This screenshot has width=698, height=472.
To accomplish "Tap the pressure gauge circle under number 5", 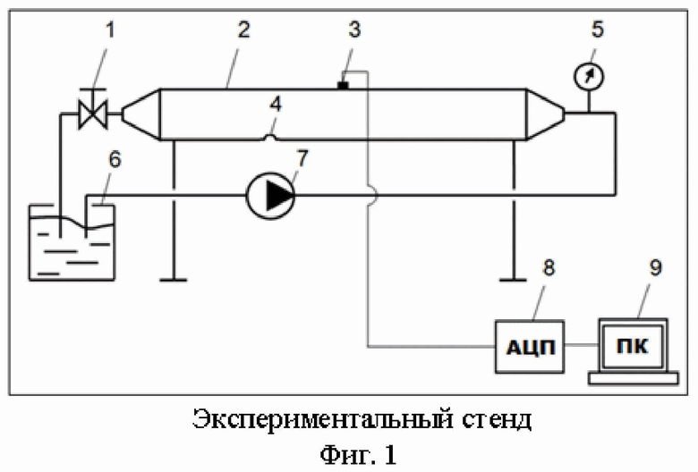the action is pos(588,76).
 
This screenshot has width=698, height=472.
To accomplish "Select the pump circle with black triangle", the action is pos(270,196).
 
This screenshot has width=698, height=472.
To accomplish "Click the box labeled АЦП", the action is pos(530,347).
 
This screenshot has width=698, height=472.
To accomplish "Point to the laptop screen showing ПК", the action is pos(632,346).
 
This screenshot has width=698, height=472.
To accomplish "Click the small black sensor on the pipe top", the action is pos(343,85).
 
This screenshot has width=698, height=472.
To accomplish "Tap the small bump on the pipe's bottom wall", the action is pos(270,138).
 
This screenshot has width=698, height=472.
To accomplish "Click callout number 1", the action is pos(109,30).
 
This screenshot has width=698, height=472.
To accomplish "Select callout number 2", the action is pos(243,29).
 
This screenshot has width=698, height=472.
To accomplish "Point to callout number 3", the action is pos(353,29).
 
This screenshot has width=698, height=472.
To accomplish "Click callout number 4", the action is pos(276,105).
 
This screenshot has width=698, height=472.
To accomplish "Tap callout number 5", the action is pos(598,29).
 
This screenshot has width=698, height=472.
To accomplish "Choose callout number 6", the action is pos(115,159).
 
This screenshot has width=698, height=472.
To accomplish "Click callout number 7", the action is pos(302,158).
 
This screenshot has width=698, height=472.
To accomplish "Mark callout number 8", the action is pos(549,267).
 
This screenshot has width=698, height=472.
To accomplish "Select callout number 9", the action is pos(656,267).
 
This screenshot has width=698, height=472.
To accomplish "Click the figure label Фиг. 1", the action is pos(358,455).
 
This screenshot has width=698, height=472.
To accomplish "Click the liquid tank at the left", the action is pos(72,242).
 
